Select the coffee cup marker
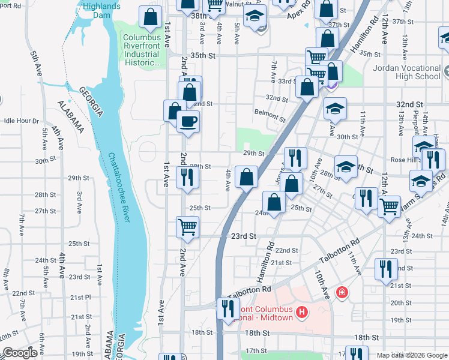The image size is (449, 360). pos(187,122)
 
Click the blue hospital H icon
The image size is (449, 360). pos(302,313)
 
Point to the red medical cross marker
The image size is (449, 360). pos(342,292)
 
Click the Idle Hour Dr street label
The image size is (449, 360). pos(21,121)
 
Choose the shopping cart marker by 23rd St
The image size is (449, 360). pos(187,227)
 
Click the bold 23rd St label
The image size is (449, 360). pos(244,236)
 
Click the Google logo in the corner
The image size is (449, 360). pos(19,353)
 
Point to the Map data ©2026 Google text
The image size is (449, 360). pos(412,355)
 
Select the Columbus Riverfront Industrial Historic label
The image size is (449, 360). pos(142,50)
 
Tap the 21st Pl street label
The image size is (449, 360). pos(80,298)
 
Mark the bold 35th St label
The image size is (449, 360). pos(202,56)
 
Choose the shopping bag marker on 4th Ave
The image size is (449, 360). pos(246,177)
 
